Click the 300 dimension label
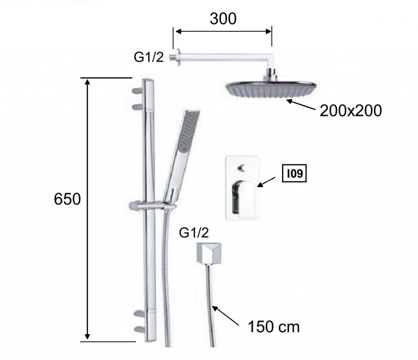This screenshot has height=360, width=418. [223, 19]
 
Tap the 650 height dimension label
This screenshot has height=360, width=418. [67, 199]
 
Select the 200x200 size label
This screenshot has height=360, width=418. [351, 110]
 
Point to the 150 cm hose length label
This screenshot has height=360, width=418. [274, 326]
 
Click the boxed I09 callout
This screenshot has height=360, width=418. [294, 173]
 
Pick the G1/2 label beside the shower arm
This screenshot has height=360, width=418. [149, 57]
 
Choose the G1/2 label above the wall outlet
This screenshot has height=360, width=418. [194, 233]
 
